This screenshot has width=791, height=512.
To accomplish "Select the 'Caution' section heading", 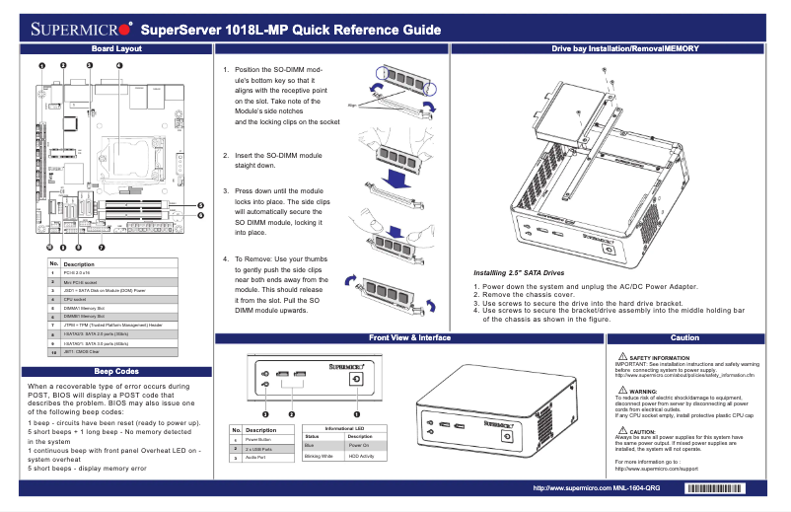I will pos(683,337).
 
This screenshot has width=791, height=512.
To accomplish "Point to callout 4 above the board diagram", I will pos(119,66).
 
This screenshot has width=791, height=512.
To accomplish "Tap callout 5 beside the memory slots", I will pos(200,204).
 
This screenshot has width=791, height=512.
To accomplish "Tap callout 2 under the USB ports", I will pos(292,414).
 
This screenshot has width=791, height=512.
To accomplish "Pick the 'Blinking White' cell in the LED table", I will pos(320,457).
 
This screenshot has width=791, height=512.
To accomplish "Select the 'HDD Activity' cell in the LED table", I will pos(363,457).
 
